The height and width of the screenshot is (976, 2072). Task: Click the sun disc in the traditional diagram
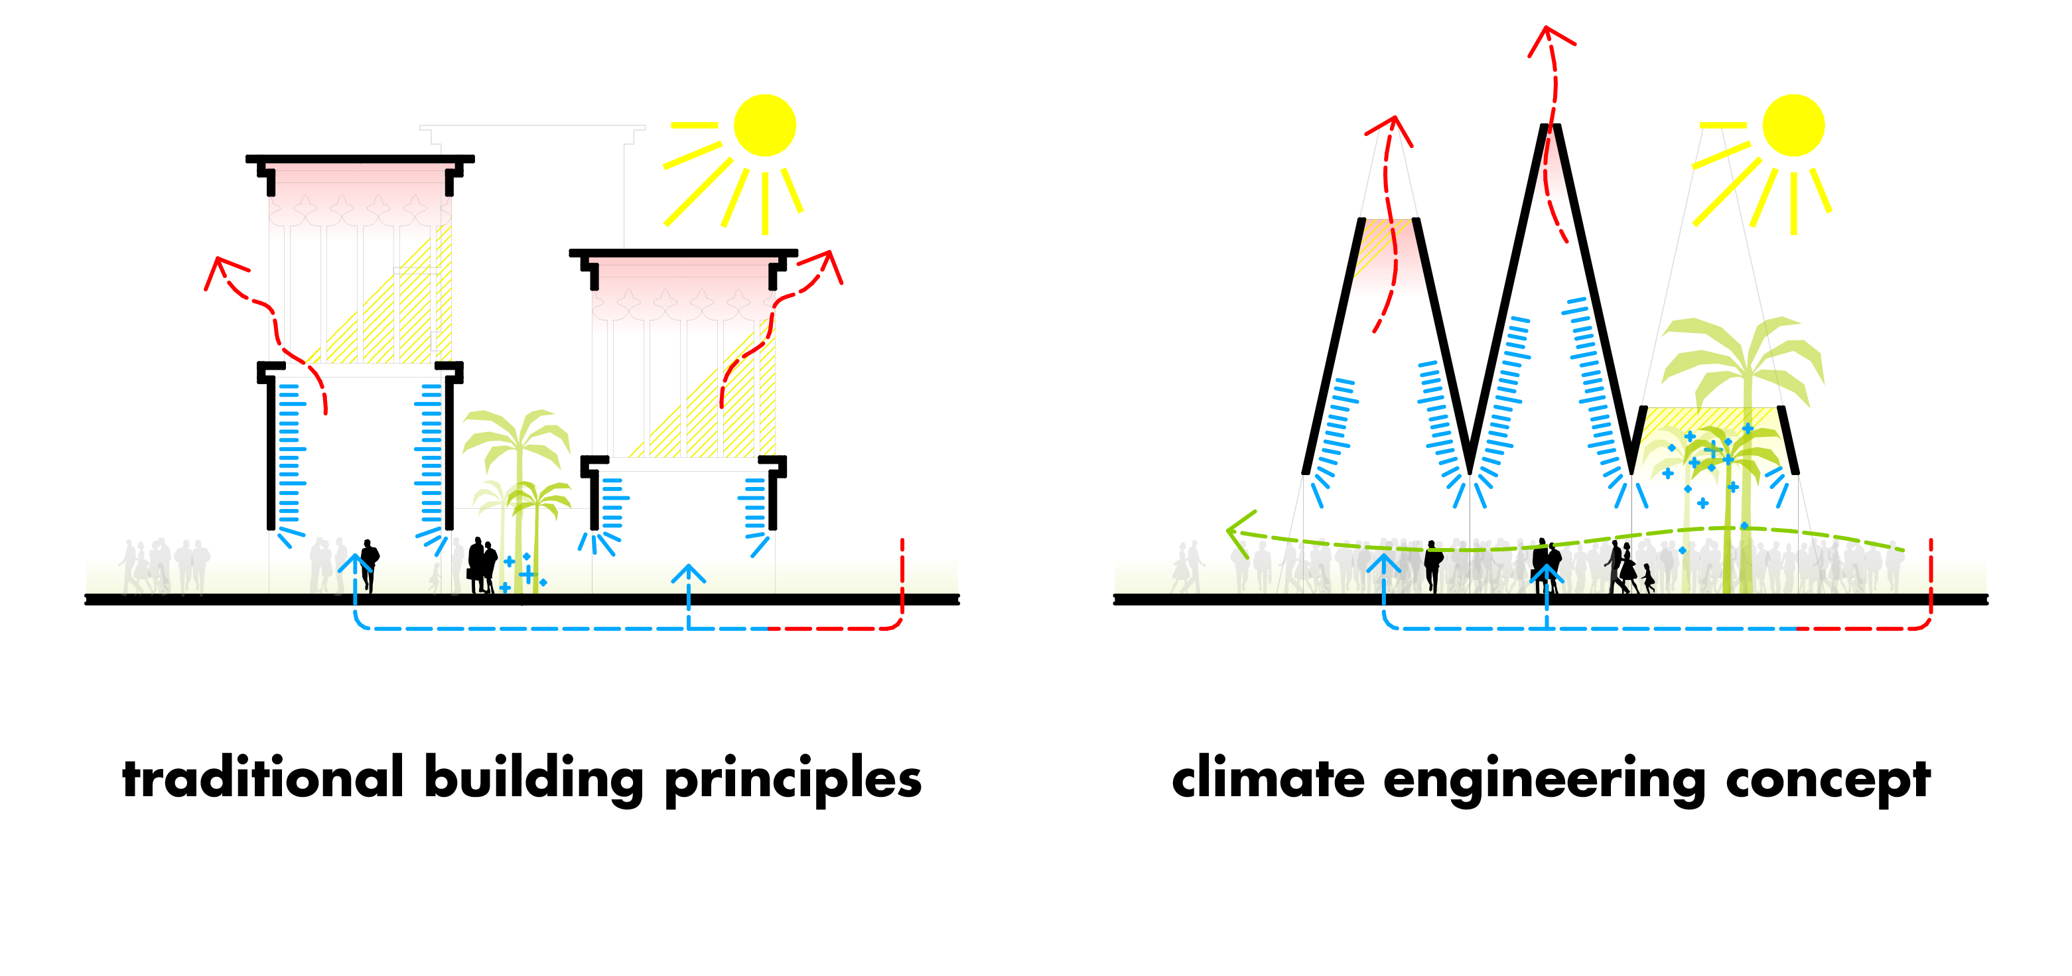click(x=765, y=125)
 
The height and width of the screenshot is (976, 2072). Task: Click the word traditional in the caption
click(x=263, y=779)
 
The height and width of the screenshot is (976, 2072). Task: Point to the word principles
click(x=793, y=779)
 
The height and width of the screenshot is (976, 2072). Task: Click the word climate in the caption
click(x=1269, y=779)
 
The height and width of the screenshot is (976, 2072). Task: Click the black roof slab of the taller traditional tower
click(x=360, y=159)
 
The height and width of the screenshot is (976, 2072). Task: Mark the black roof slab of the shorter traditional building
click(x=683, y=253)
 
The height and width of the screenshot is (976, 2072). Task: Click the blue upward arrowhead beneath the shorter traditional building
click(x=689, y=573)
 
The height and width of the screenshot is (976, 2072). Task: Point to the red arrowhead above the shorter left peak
click(x=1391, y=127)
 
